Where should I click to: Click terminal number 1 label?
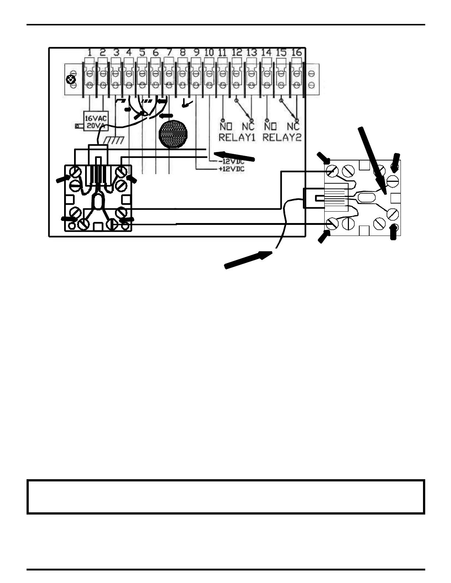(x=90, y=53)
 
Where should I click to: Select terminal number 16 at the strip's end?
(x=296, y=53)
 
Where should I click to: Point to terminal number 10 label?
(x=209, y=53)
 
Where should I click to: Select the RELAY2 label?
(x=282, y=138)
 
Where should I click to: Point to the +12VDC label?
(x=231, y=170)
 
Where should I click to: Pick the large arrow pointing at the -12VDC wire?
(x=234, y=156)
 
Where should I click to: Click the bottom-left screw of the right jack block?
(x=333, y=223)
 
